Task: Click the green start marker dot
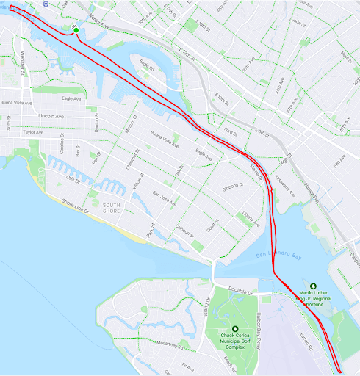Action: click(x=76, y=29)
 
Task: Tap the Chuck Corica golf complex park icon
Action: click(x=234, y=328)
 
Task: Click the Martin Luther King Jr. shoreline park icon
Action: click(x=312, y=286)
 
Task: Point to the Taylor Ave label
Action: click(x=34, y=132)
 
